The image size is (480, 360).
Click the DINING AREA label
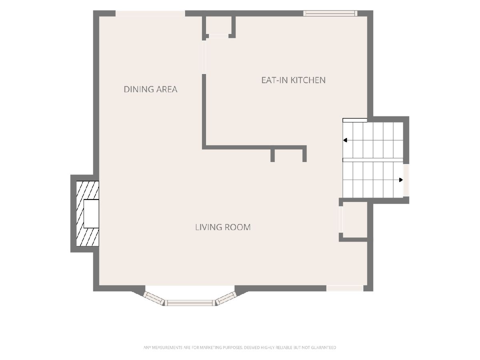click(x=150, y=89)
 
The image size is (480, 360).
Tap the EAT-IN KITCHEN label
click(x=294, y=80)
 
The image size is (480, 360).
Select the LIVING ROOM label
click(x=223, y=227)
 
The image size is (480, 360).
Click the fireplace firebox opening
click(x=92, y=214)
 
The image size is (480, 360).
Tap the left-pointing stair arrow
click(x=345, y=140)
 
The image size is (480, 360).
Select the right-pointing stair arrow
click(x=401, y=180)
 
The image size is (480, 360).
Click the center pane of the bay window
click(x=190, y=303)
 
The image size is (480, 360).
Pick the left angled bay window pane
click(x=154, y=298)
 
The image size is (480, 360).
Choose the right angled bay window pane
click(x=226, y=298)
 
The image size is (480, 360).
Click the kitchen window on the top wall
click(x=330, y=13)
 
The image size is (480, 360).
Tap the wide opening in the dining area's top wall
click(x=150, y=13)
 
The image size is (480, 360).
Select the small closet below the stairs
click(x=355, y=220)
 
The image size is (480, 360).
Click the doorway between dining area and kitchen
click(x=204, y=57)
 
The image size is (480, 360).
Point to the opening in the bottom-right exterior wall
click(x=345, y=288)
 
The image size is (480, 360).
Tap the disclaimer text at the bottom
click(x=240, y=348)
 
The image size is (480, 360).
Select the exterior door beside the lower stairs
click(x=406, y=180)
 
